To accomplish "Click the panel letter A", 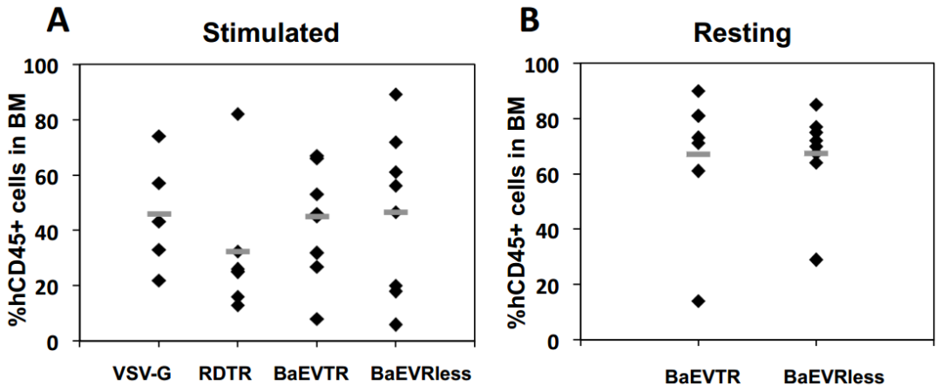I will coord(58,20).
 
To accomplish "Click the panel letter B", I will coord(530,20).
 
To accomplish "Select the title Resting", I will coord(742,33).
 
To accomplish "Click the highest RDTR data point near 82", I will coord(238,114).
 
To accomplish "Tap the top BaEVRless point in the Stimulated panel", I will coord(396,94).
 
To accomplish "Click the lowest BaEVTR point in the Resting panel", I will coord(698,301).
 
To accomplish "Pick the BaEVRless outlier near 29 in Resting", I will coord(816,260).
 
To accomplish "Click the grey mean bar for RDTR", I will coord(238,251).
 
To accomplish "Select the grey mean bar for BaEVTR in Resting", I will coord(698,154).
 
